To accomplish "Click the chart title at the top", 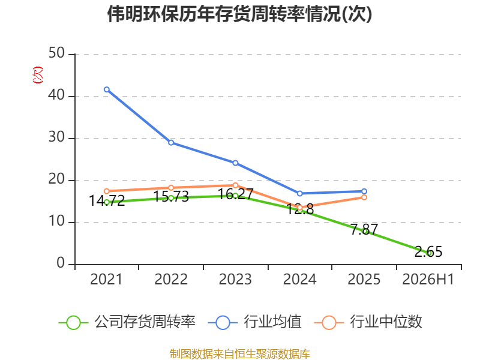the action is [x=239, y=14].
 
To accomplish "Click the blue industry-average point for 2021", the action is [x=107, y=89].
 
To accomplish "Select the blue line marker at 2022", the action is [x=171, y=143].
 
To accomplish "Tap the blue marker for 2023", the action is [x=235, y=163].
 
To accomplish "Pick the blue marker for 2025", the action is [x=364, y=191].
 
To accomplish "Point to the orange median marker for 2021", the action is [x=107, y=191].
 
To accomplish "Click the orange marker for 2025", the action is [x=364, y=197].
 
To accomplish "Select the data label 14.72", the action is [x=107, y=201].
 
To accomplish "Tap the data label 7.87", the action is [x=364, y=229].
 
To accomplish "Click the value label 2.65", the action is [x=428, y=251].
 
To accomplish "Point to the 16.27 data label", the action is [x=235, y=194].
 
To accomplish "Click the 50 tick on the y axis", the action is [x=56, y=53].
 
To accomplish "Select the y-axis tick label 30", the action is [x=56, y=137].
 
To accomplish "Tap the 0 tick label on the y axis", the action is [x=61, y=263].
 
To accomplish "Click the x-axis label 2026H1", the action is [x=428, y=279].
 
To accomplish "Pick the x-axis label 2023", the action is [x=235, y=279].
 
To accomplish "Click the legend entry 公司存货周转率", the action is [x=127, y=322].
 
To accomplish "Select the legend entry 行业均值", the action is [x=254, y=322].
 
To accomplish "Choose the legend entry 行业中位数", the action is [x=368, y=322].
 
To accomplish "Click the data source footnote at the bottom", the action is [x=240, y=354].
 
